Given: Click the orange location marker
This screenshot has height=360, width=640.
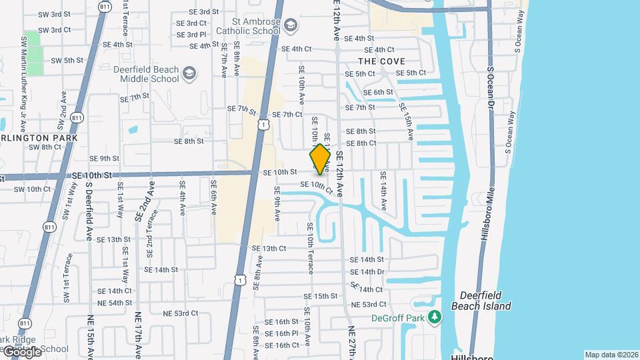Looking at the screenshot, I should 320,159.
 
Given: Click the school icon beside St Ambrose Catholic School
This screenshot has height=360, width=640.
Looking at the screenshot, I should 291,25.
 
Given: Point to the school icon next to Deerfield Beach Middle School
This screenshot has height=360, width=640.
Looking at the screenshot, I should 189,73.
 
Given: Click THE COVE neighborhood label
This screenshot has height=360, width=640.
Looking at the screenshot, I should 383,61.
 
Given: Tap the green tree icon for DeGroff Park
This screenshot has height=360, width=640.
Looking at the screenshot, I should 435,317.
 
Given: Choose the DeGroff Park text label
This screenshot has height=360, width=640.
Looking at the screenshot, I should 398,318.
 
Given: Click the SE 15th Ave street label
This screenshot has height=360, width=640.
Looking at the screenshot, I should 407,121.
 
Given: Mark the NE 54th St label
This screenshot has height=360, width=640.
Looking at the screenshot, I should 114,303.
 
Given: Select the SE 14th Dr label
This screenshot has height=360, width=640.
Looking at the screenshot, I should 367,272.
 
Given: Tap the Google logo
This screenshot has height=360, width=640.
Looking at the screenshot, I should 22,351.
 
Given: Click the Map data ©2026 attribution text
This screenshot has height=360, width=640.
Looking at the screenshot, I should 611,355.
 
